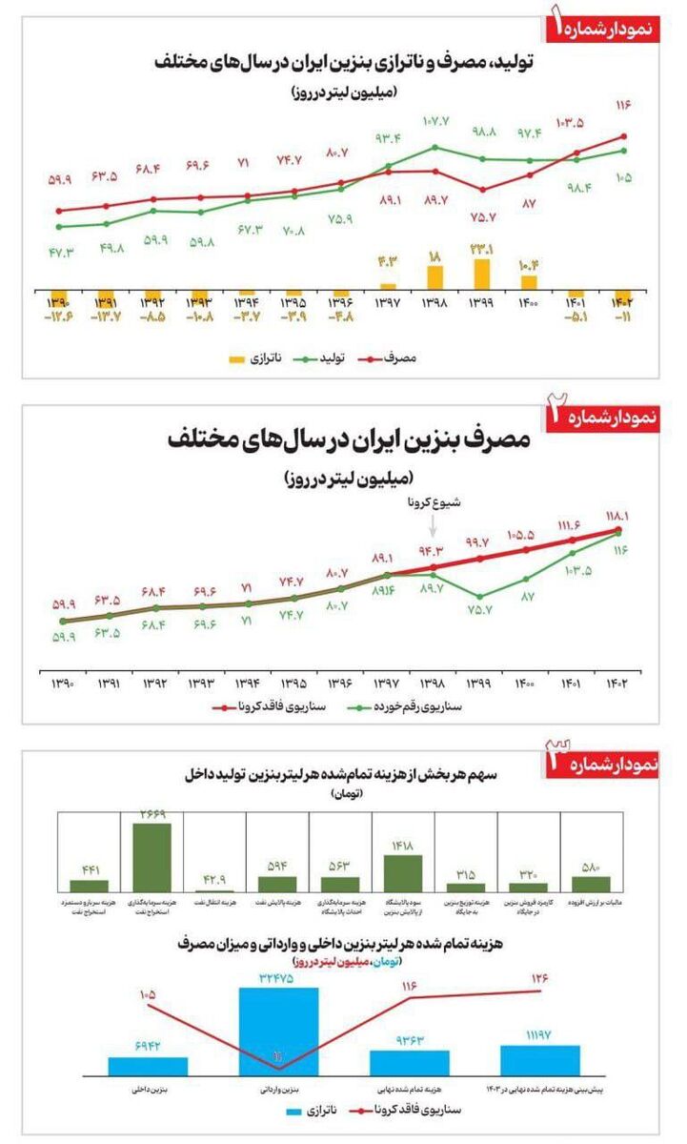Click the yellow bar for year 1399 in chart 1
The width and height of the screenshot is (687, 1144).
click(x=482, y=274)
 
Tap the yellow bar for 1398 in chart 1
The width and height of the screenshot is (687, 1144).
click(x=434, y=277)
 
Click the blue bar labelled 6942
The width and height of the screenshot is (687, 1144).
click(x=148, y=1065)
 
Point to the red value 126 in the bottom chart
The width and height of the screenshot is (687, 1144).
click(x=540, y=977)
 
